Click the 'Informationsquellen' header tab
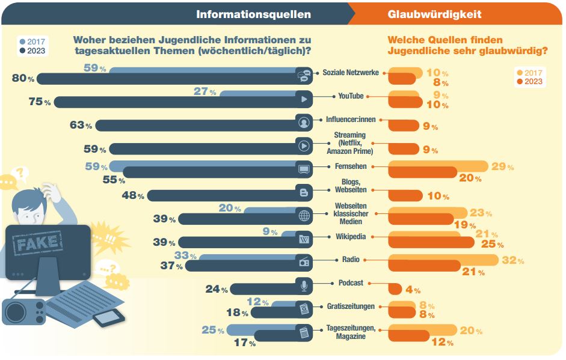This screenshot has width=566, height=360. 253,14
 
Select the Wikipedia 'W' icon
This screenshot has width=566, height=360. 304,239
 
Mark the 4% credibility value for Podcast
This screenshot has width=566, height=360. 413,290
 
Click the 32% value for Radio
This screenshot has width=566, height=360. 512,260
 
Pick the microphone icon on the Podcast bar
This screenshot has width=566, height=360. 304,286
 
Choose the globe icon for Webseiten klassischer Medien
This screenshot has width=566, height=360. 304,216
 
